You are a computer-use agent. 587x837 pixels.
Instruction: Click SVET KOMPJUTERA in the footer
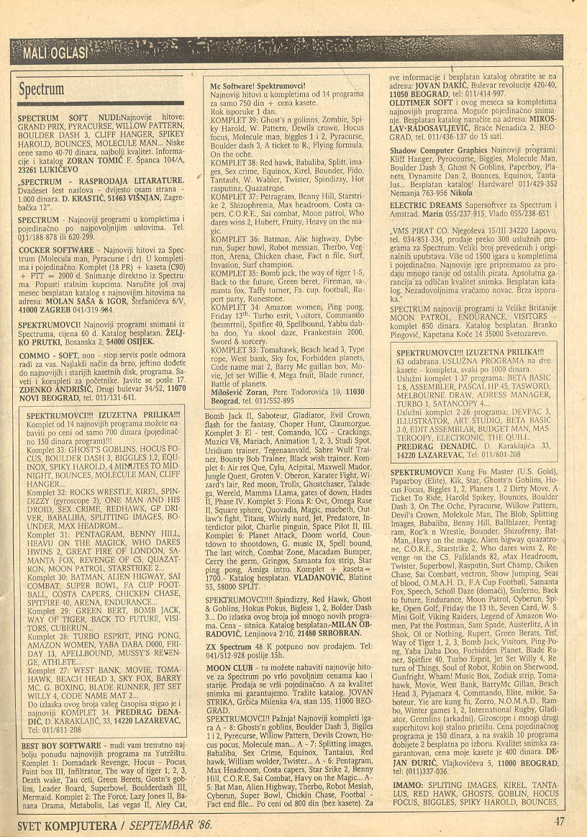click(x=61, y=823)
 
